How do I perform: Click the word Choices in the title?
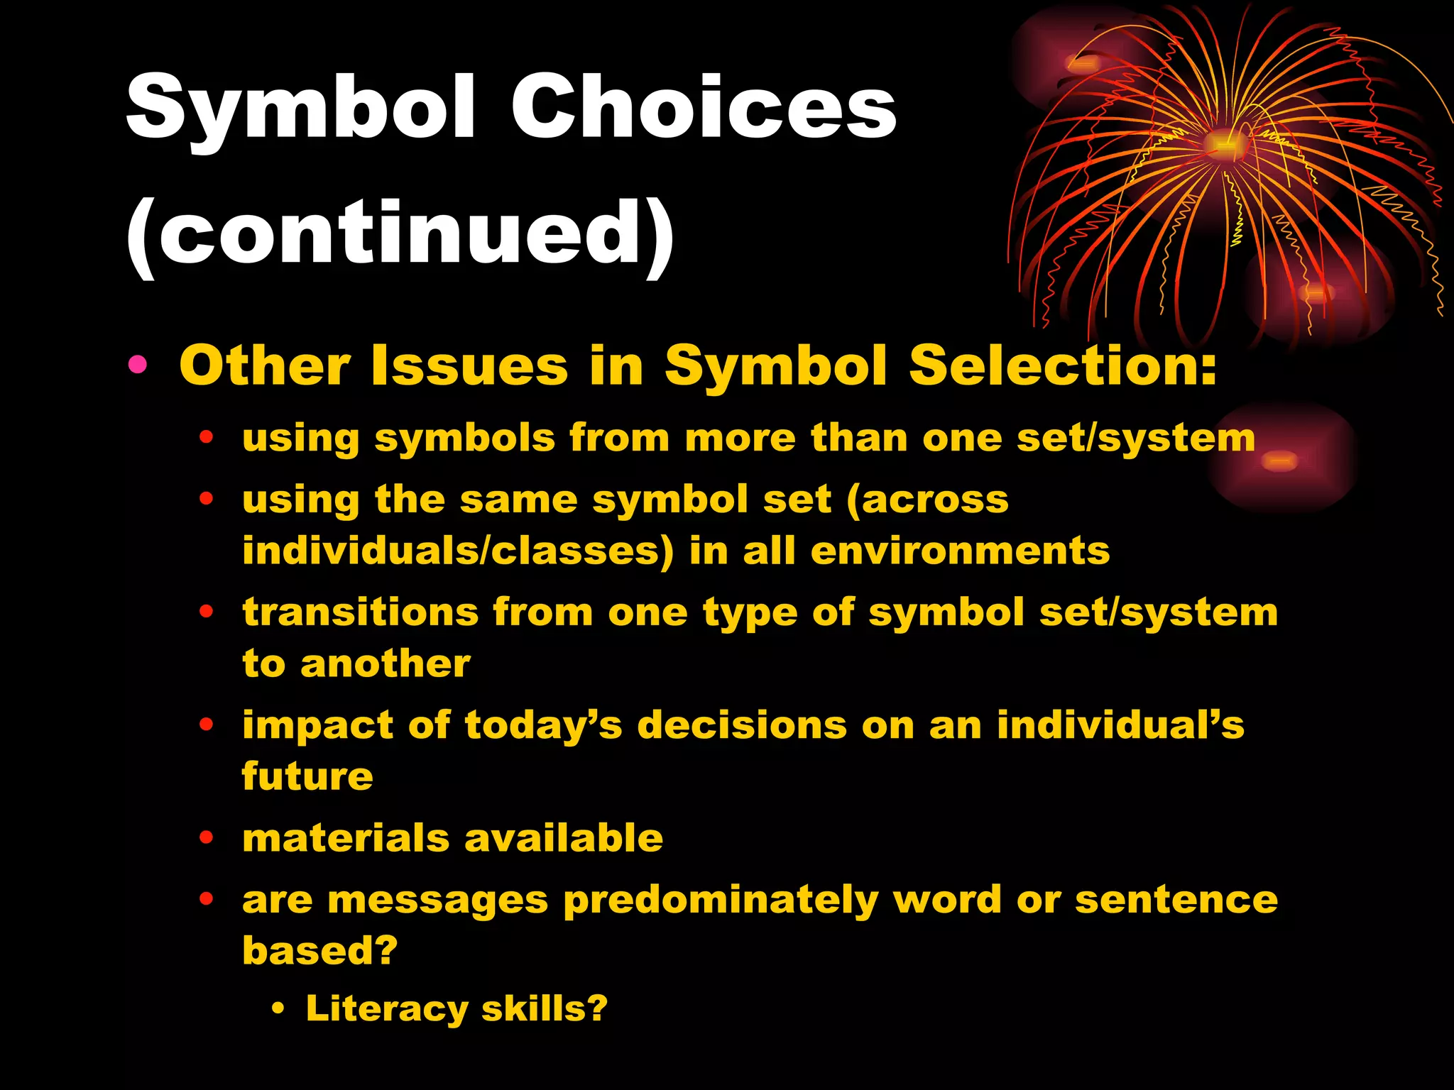703,108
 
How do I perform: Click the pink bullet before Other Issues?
138,365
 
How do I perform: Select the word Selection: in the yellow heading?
1063,365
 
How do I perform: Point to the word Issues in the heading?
469,365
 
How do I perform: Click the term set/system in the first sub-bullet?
1136,438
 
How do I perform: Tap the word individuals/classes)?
458,551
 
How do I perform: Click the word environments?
960,551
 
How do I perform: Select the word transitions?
361,612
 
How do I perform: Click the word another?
386,664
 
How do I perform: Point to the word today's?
543,725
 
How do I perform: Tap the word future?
307,776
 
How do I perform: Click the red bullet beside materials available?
207,837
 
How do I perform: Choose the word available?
564,837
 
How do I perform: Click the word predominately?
721,900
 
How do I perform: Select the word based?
320,950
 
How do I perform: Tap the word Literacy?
387,1008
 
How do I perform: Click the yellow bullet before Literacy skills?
278,1008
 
